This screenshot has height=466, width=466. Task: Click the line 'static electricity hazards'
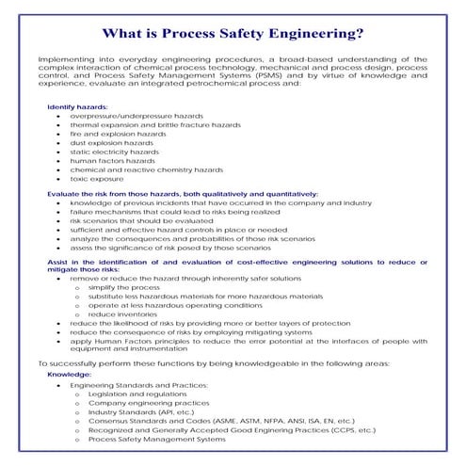[114, 152]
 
